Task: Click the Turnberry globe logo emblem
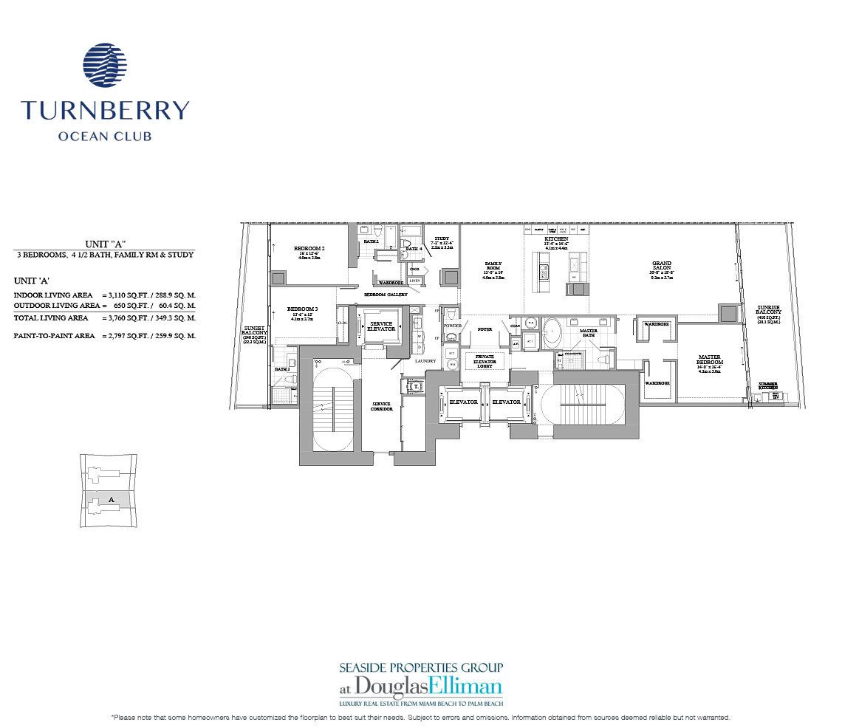pos(106,67)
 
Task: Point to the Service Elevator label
pos(381,326)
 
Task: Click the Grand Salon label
pos(661,264)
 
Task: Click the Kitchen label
pos(556,240)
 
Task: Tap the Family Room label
pos(493,266)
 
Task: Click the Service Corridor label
pos(381,406)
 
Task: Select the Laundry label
pos(425,361)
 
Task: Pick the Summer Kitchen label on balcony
pos(768,385)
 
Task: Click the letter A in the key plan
pos(111,500)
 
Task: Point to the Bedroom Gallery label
pos(385,294)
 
